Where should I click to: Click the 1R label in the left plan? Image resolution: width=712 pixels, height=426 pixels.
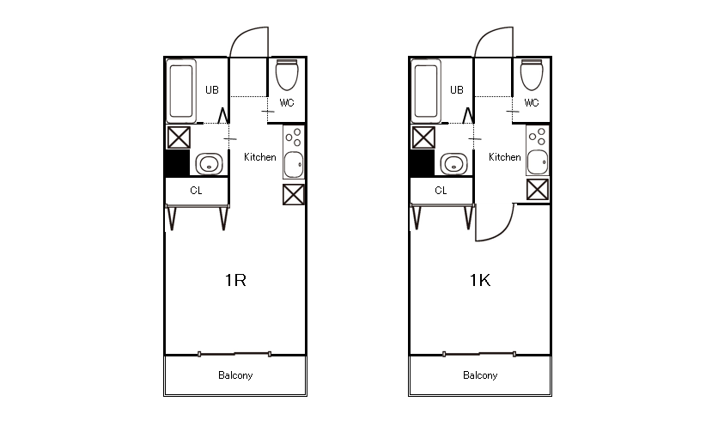(235, 280)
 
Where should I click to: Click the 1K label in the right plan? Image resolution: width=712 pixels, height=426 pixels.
(480, 280)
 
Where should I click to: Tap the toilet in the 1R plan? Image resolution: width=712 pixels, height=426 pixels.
(287, 75)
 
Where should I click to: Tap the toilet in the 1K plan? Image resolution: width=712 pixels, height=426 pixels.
(532, 75)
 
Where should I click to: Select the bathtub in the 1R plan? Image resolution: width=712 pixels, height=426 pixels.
(181, 91)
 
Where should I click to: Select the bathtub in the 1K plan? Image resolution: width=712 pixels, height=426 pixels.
(426, 91)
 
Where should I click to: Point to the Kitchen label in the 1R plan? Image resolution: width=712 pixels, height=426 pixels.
(259, 157)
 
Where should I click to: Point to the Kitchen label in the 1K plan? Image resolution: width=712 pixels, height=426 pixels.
(504, 157)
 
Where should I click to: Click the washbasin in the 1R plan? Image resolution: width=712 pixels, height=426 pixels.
(210, 163)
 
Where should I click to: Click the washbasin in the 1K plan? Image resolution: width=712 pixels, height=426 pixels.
(454, 163)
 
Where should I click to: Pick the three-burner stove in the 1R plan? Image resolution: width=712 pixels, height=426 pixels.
(294, 137)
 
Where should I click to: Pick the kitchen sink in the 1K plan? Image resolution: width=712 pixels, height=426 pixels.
(538, 162)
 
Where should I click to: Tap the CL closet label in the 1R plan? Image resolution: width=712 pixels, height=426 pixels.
(196, 191)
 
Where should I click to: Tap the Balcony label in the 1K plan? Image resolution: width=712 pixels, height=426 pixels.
(480, 375)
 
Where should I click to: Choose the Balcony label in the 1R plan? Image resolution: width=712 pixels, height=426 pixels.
(235, 375)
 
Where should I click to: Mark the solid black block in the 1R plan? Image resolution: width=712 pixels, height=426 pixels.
(177, 163)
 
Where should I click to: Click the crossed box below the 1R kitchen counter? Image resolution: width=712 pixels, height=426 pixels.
(294, 194)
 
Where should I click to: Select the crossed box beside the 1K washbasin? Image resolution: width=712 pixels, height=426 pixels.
(423, 137)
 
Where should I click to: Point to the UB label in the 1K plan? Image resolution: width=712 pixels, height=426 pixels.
(457, 90)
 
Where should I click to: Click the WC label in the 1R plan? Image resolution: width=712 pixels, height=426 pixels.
(287, 103)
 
